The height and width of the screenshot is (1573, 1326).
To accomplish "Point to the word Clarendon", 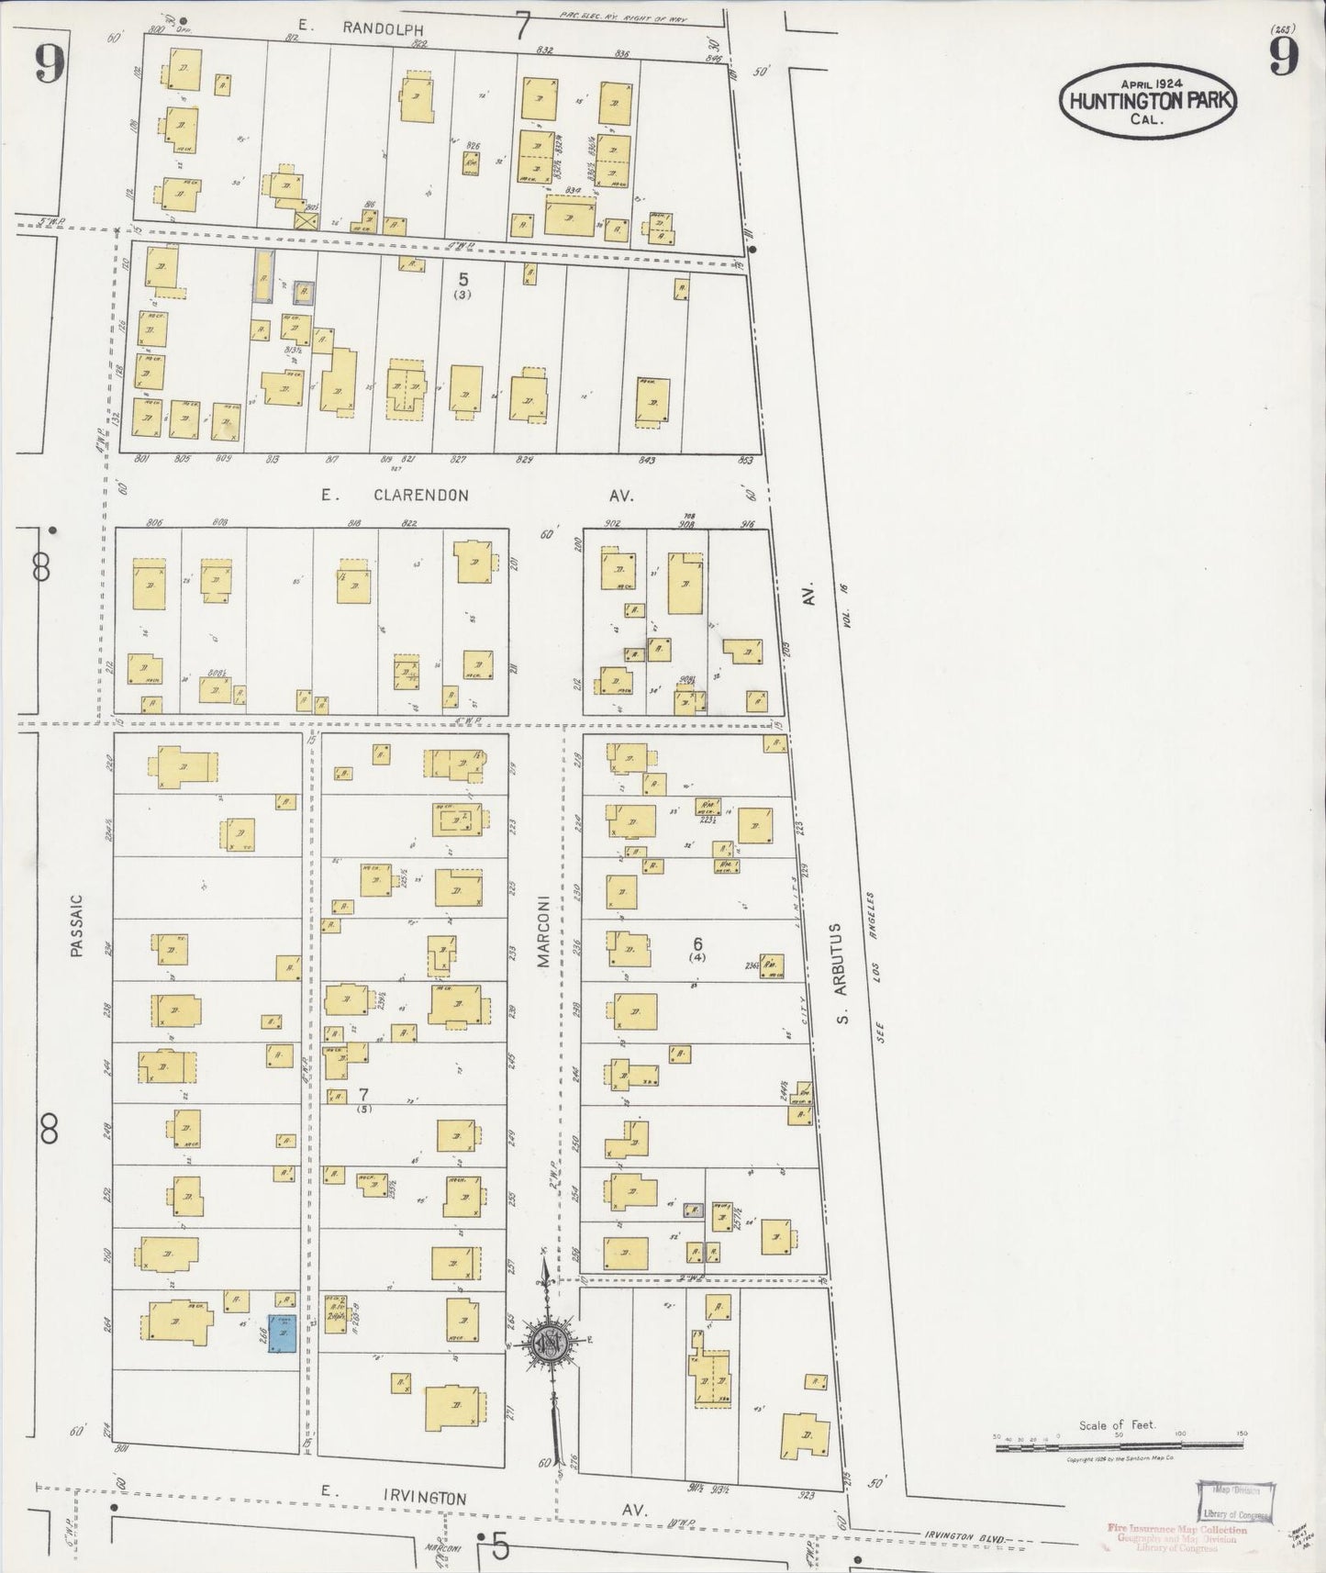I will tap(420, 496).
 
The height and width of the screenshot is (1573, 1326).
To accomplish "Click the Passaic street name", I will tap(76, 927).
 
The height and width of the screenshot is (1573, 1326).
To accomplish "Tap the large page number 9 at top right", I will tap(1284, 60).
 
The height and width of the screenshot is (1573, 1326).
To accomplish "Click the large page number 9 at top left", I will tap(50, 64).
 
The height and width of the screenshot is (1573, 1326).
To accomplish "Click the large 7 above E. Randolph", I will tap(523, 26).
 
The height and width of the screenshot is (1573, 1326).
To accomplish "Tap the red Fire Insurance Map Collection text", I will tap(1176, 1530).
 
